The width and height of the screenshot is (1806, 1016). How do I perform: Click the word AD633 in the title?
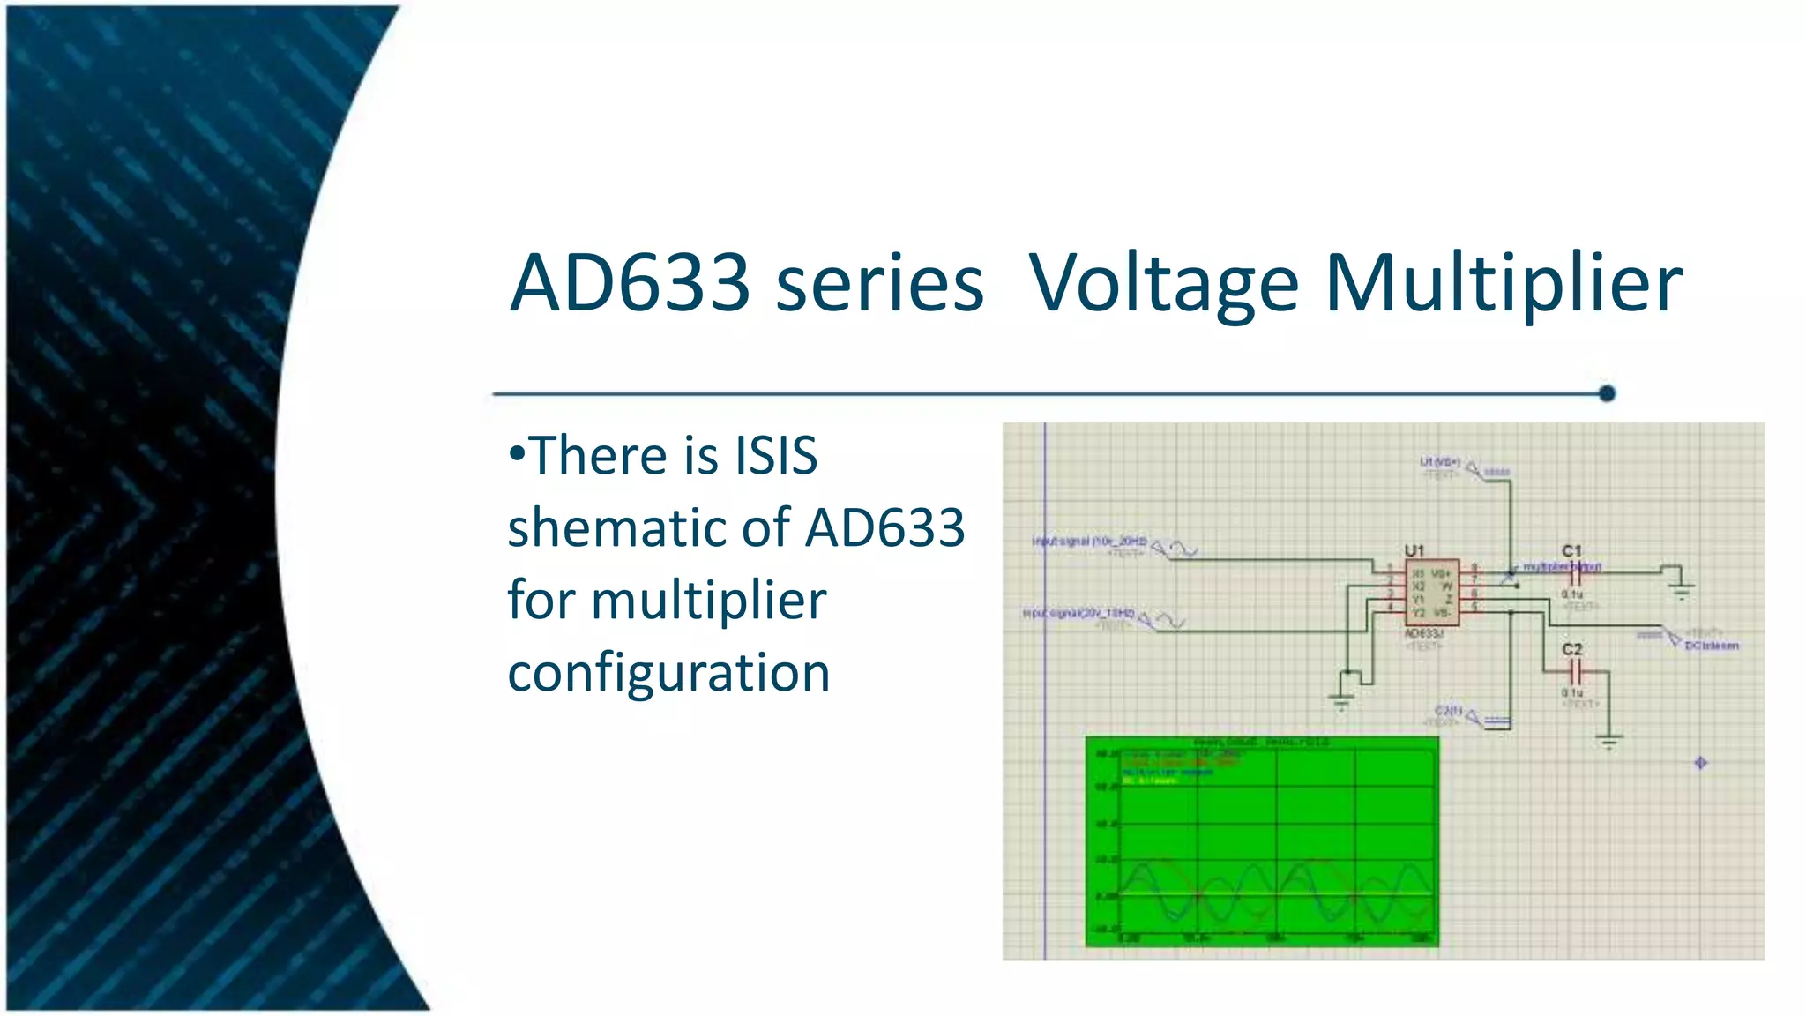point(631,283)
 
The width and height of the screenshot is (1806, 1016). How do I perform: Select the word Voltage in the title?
point(1163,283)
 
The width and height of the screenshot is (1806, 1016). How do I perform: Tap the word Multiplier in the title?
point(1504,283)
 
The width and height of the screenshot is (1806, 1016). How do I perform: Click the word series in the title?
point(879,283)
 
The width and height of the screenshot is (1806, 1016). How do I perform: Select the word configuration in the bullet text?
point(668,672)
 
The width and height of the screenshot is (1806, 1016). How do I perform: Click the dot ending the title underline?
point(1607,393)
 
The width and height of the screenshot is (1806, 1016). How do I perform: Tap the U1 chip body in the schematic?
point(1431,593)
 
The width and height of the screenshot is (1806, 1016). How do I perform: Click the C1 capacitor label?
point(1571,550)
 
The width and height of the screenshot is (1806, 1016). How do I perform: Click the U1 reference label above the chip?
point(1414,550)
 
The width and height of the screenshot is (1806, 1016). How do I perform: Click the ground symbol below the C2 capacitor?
point(1609,743)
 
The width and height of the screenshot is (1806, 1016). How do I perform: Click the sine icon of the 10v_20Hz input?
point(1184,549)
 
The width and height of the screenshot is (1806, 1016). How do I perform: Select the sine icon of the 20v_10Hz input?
point(1171,622)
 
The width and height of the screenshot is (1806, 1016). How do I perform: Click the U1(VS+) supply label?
point(1439,462)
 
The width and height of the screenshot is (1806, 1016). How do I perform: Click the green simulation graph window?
point(1261,842)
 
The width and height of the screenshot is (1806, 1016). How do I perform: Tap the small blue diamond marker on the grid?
point(1701,763)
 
